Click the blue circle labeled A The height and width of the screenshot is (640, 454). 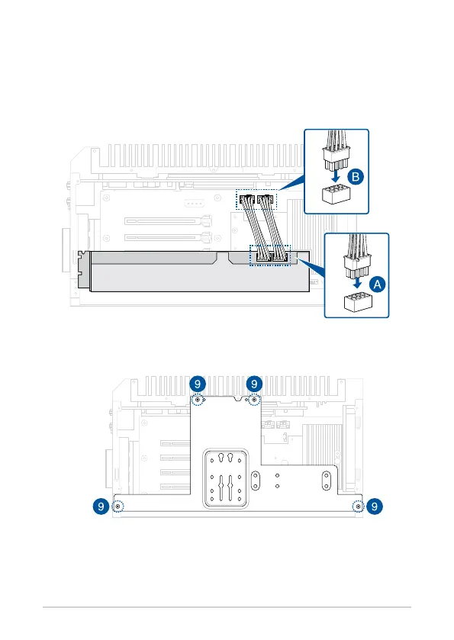pyautogui.click(x=377, y=285)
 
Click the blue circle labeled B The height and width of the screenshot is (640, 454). pyautogui.click(x=356, y=177)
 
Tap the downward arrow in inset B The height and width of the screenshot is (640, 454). pyautogui.click(x=336, y=176)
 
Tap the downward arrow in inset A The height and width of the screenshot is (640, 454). pyautogui.click(x=357, y=282)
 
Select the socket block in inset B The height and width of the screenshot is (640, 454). pyautogui.click(x=336, y=195)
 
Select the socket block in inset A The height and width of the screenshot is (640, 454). pyautogui.click(x=358, y=301)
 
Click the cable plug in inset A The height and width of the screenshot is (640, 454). pyautogui.click(x=357, y=265)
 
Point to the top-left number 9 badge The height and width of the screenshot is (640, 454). pyautogui.click(x=198, y=384)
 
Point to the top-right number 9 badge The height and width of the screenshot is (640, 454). pyautogui.click(x=254, y=384)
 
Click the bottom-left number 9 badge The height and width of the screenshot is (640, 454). pyautogui.click(x=101, y=507)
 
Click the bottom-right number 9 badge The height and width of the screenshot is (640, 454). pyautogui.click(x=375, y=507)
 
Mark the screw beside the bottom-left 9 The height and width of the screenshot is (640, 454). pyautogui.click(x=118, y=507)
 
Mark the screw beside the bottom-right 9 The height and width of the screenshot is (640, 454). pyautogui.click(x=358, y=507)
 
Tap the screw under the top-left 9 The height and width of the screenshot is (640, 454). pyautogui.click(x=198, y=400)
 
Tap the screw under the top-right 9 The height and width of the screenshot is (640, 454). pyautogui.click(x=254, y=400)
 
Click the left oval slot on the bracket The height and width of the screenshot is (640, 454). pyautogui.click(x=256, y=481)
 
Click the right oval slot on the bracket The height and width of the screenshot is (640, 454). pyautogui.click(x=327, y=481)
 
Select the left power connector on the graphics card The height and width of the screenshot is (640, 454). pyautogui.click(x=264, y=257)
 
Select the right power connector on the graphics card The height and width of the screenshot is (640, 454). pyautogui.click(x=280, y=257)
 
